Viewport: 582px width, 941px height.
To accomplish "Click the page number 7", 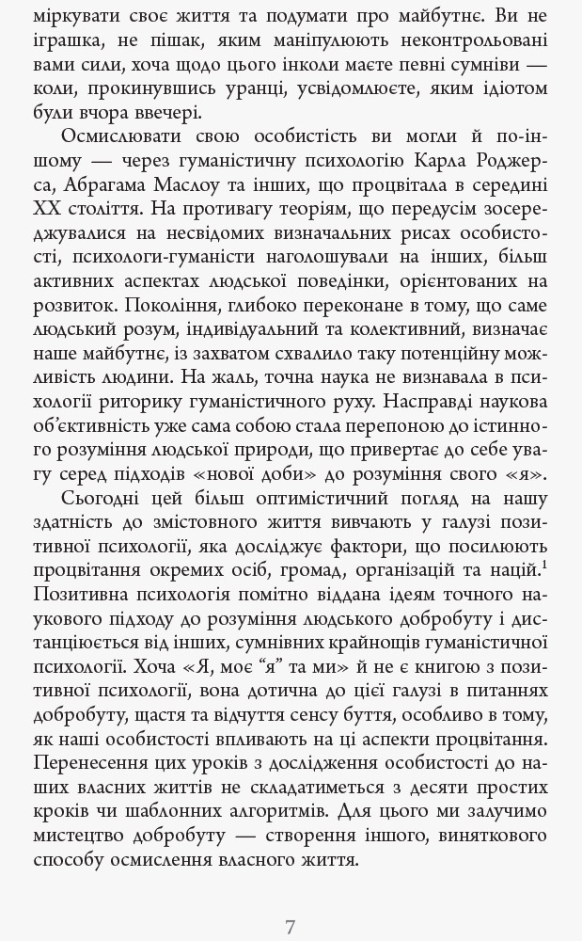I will point(291,927).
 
